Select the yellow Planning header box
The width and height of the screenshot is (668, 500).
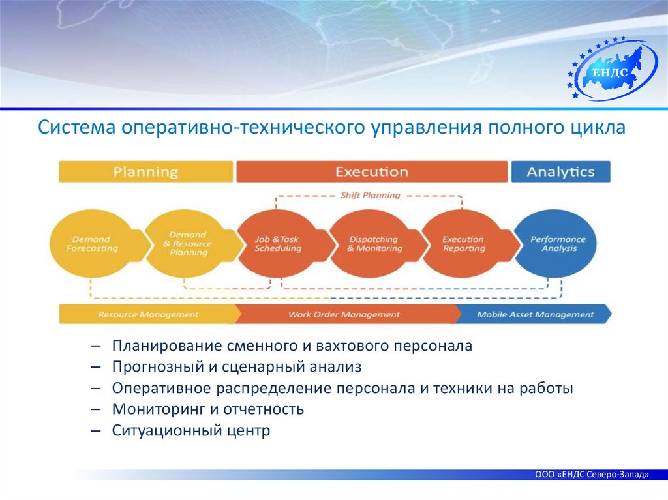tap(145, 172)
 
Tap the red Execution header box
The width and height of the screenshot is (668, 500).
tap(372, 172)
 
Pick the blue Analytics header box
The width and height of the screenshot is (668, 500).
tap(560, 172)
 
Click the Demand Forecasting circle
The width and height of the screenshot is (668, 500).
tap(92, 244)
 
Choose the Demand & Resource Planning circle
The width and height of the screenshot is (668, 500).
tap(187, 244)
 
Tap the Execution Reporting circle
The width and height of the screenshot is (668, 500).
tap(464, 244)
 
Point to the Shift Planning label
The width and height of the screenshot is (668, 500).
tap(371, 195)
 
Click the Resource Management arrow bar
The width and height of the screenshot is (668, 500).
tap(149, 314)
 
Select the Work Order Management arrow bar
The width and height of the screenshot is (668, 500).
tap(344, 314)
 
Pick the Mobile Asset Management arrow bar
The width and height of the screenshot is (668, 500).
tap(535, 314)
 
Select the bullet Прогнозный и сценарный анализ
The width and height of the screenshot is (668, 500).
tap(236, 367)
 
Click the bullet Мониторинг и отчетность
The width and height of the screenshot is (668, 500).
tap(208, 409)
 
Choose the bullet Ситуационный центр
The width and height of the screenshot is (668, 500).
tap(190, 430)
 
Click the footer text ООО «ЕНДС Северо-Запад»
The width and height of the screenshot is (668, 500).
tap(592, 475)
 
